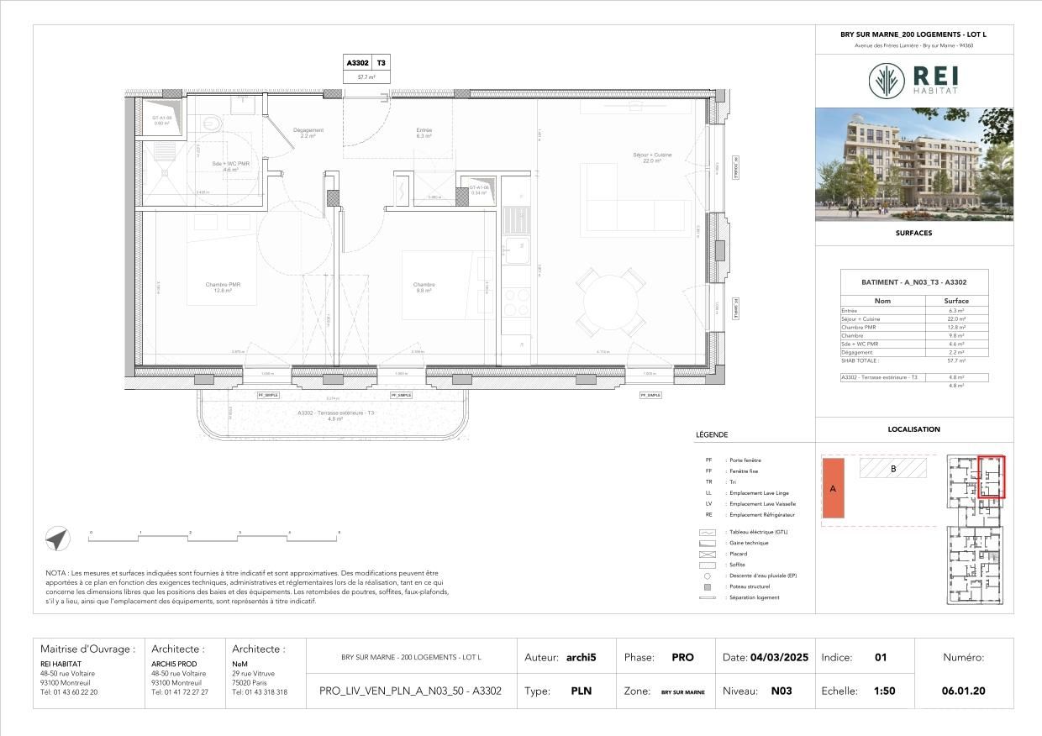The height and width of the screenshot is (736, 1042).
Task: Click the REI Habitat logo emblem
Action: tap(887, 81)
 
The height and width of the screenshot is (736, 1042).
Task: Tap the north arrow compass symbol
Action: tap(58, 539)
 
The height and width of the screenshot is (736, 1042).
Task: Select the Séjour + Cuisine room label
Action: tap(652, 157)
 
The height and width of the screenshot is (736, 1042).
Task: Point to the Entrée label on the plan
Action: tap(424, 133)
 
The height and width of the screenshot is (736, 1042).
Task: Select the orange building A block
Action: tap(833, 488)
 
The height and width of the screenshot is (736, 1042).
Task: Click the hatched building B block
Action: tap(892, 468)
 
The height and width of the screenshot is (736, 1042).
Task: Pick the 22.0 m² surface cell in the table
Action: tap(956, 319)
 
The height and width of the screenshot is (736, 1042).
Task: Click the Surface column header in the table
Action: tap(956, 301)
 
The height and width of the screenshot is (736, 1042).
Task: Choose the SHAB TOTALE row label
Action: tap(859, 360)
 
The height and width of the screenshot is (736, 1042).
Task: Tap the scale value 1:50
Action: tap(883, 691)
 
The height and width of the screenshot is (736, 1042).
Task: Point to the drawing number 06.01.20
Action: tap(963, 691)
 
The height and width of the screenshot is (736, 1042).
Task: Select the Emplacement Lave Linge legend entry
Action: tap(759, 493)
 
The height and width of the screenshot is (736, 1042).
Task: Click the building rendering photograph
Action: tap(914, 164)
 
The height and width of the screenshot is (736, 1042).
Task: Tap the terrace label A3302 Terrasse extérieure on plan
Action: tap(336, 413)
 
